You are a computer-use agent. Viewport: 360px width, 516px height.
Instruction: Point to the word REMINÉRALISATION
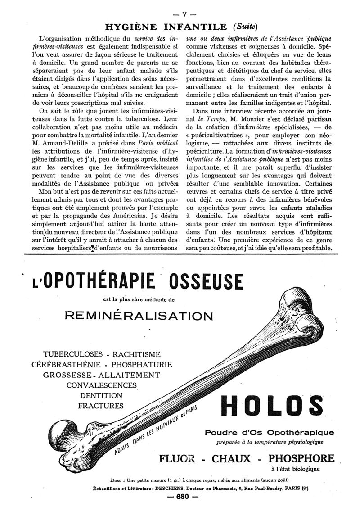click(x=139, y=315)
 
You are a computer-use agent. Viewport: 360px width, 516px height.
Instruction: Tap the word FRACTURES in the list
click(x=101, y=406)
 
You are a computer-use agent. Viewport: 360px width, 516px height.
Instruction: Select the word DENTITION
click(x=101, y=395)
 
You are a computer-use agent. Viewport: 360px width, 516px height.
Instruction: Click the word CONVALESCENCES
click(x=101, y=385)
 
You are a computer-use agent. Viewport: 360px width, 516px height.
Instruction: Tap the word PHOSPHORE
click(x=301, y=459)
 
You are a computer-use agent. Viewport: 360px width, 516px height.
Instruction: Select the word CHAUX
click(x=237, y=459)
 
